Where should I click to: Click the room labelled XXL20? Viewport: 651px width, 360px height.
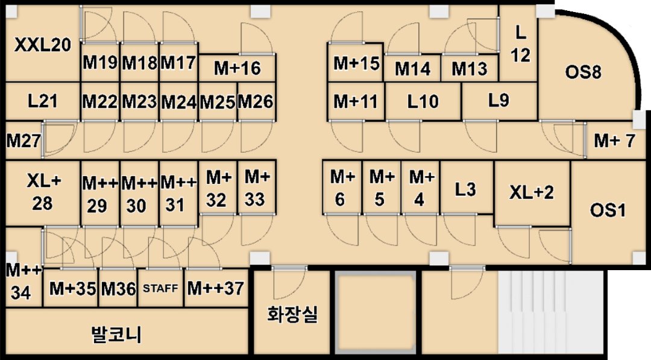click(42, 46)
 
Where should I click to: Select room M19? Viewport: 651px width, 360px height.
click(99, 63)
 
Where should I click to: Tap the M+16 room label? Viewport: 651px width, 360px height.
click(237, 69)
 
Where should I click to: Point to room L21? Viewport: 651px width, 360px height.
click(42, 101)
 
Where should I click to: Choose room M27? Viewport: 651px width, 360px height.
click(23, 141)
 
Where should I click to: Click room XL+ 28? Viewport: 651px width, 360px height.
click(42, 192)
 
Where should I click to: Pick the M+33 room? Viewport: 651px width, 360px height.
click(257, 188)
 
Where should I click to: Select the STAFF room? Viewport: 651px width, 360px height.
click(160, 288)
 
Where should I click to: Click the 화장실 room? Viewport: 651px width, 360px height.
click(292, 314)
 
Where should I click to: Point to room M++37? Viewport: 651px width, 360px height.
click(215, 288)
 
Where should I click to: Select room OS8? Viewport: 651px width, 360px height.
click(583, 73)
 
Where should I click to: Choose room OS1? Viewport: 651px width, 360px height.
click(608, 211)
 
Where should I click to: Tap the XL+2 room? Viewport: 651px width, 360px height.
click(531, 193)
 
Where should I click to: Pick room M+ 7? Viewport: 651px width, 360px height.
click(614, 141)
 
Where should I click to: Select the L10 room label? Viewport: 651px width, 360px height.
click(423, 101)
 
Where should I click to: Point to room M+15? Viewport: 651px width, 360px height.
click(356, 63)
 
